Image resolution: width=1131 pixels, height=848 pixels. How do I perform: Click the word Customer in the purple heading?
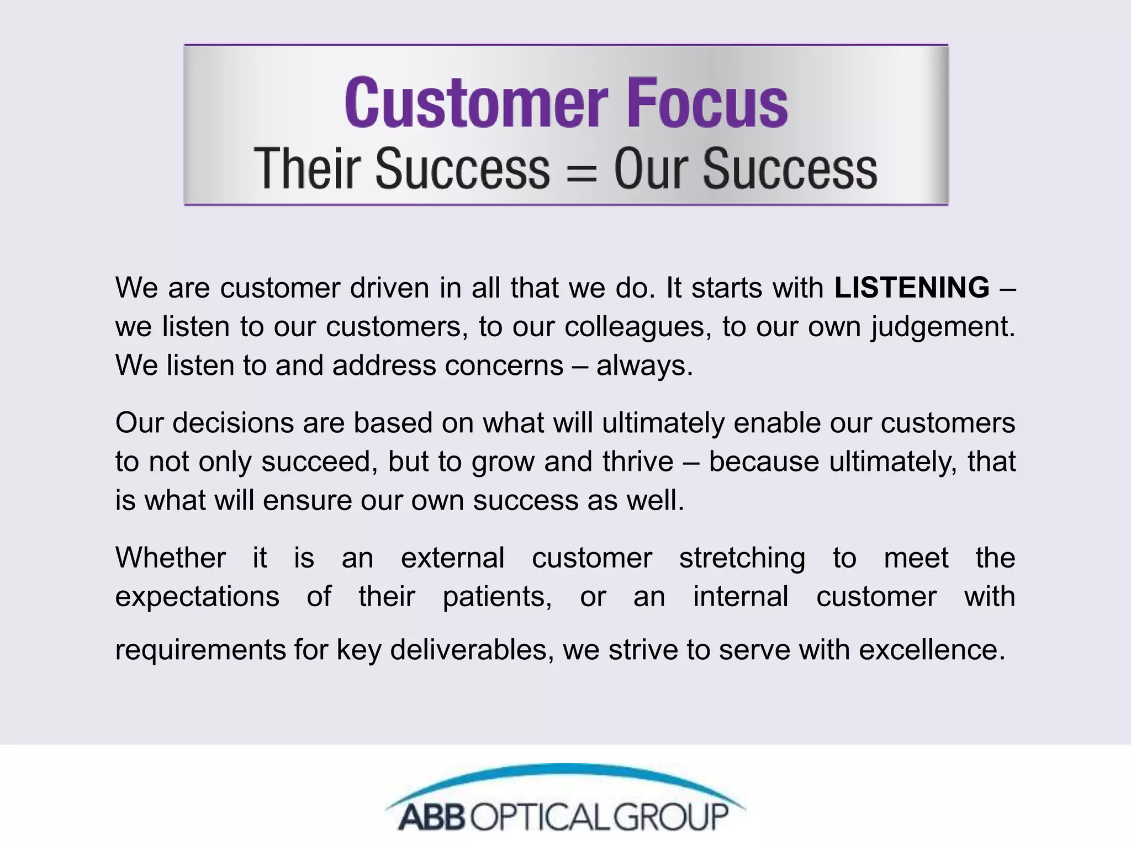coord(476,103)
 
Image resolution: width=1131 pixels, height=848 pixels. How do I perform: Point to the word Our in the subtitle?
coord(651,168)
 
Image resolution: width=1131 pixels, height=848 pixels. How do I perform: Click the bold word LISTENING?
coord(912,288)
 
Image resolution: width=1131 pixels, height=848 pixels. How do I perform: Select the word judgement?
coord(942,327)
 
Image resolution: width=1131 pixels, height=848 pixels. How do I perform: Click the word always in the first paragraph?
coord(643,365)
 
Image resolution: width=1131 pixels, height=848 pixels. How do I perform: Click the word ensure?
coord(306,500)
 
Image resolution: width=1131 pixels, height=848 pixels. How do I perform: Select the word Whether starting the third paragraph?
coord(171,558)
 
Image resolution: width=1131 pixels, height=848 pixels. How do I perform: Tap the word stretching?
coord(742,558)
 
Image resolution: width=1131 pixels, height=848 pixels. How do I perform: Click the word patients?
coord(497,597)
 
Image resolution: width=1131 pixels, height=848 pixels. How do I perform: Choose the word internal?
coord(741,597)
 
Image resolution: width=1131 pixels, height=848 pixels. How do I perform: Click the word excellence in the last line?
coord(932,650)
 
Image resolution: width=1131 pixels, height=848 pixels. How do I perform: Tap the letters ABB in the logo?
coord(432,817)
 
